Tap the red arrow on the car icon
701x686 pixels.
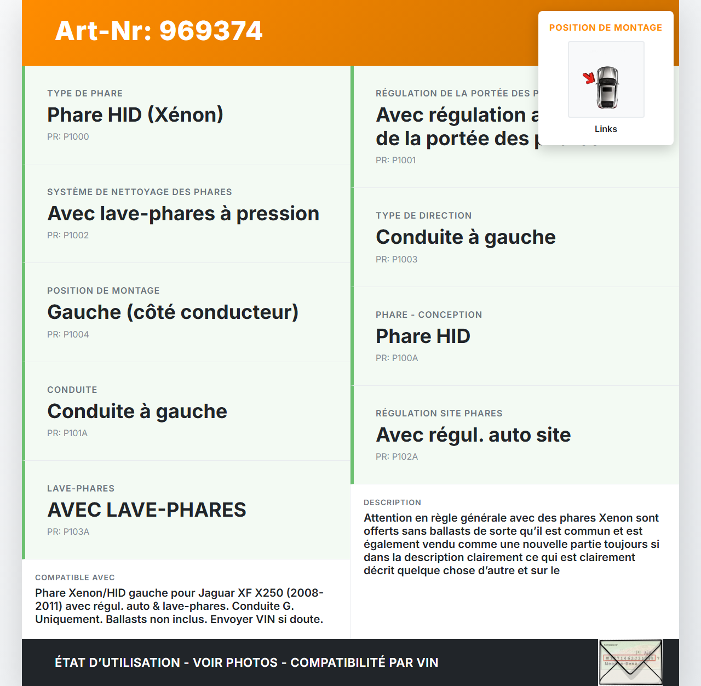[589, 78]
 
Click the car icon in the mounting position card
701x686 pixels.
[607, 87]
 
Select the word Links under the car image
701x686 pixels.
[606, 129]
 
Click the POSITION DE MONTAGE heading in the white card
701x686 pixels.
[605, 27]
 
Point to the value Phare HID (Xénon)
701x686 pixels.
[135, 115]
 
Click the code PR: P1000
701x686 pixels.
[68, 136]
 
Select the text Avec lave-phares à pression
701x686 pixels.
[183, 213]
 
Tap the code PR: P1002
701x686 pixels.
[68, 235]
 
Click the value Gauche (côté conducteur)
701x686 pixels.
[173, 312]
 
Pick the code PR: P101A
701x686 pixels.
[67, 433]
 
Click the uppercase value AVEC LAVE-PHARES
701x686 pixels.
[147, 510]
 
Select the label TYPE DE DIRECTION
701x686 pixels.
[423, 215]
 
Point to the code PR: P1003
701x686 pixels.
[397, 259]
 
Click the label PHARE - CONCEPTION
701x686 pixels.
[429, 315]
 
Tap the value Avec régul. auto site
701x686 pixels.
[473, 435]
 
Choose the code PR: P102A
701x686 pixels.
[397, 456]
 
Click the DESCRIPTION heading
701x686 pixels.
[392, 502]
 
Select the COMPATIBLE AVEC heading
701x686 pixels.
[75, 578]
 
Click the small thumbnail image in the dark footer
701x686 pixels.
[630, 662]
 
